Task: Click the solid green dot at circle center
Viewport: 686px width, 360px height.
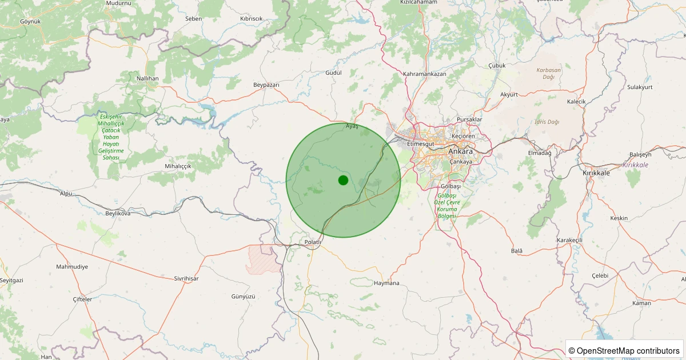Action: click(x=343, y=181)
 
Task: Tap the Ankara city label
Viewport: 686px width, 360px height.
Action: click(x=460, y=152)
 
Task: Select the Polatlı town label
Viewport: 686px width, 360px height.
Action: click(x=314, y=242)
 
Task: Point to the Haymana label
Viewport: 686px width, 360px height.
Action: click(x=386, y=283)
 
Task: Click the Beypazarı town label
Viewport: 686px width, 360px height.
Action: click(x=266, y=85)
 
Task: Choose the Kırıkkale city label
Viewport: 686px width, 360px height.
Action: click(x=597, y=173)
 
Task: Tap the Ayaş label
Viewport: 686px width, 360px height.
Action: click(x=352, y=126)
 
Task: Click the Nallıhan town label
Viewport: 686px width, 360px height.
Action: click(x=147, y=78)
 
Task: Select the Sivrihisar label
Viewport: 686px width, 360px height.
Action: click(x=186, y=278)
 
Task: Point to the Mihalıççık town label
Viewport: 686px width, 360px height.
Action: click(x=178, y=166)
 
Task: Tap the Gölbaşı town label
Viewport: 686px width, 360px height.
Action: click(x=451, y=187)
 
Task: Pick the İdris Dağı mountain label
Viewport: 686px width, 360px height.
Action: click(x=548, y=122)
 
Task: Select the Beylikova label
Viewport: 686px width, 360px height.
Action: click(x=118, y=213)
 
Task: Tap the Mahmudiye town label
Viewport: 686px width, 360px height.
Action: click(x=72, y=267)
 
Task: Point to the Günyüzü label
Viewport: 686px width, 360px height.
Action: click(x=242, y=297)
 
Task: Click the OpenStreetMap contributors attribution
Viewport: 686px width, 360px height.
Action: click(x=624, y=350)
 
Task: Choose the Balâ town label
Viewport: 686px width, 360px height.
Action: click(x=517, y=251)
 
